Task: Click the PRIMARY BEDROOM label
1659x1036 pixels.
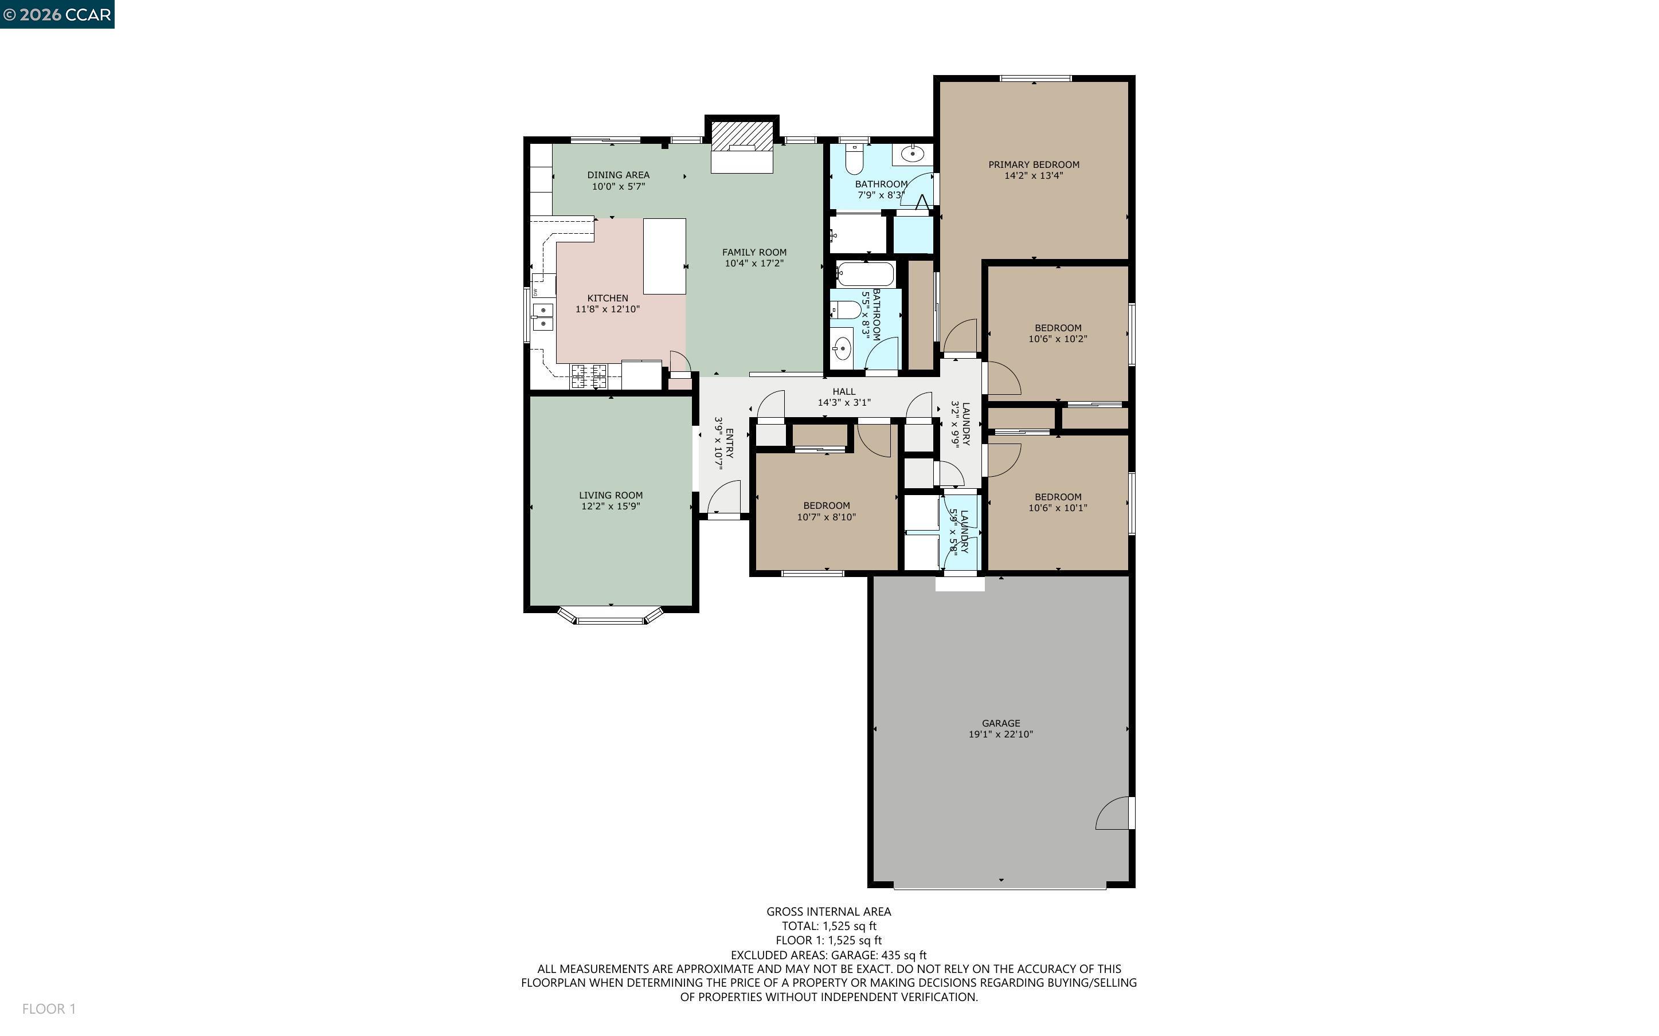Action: [x=1034, y=164]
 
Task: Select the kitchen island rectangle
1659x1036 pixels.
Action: [x=664, y=256]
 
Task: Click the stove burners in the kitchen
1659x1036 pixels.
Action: [x=589, y=376]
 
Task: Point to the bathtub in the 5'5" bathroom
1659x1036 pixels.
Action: [x=866, y=274]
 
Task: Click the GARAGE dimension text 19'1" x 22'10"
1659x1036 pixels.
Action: [x=1000, y=734]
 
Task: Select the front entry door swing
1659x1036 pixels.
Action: [x=725, y=497]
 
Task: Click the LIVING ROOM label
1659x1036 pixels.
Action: [x=611, y=495]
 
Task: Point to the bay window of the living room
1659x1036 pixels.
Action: [x=610, y=619]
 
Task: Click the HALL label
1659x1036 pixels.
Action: [x=844, y=391]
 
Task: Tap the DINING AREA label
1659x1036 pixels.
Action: [x=618, y=175]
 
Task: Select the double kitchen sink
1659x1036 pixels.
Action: [x=543, y=316]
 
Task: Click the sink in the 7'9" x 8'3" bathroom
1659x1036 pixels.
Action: [x=913, y=154]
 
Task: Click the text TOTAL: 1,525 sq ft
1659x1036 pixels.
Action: [x=828, y=925]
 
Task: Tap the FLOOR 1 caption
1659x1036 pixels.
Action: [x=49, y=1008]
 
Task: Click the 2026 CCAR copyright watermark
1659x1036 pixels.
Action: [x=57, y=14]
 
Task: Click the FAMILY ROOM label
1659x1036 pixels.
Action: [x=754, y=252]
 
